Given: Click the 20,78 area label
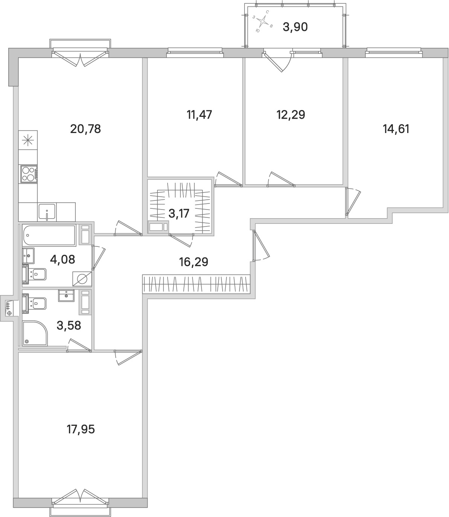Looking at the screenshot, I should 86,129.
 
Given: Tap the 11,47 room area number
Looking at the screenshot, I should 199,115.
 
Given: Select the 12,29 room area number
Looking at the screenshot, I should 290,115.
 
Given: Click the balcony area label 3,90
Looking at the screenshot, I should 295,27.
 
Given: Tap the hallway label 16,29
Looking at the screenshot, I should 194,262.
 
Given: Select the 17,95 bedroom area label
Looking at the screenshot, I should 79,429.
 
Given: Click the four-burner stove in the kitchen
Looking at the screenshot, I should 29,174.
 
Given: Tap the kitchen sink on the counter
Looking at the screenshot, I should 47,212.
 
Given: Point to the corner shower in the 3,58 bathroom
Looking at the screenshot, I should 35,333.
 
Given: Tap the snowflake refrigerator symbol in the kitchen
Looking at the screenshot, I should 28,141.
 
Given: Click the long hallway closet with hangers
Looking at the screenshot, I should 196,283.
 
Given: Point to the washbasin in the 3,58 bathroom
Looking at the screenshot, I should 66,295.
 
